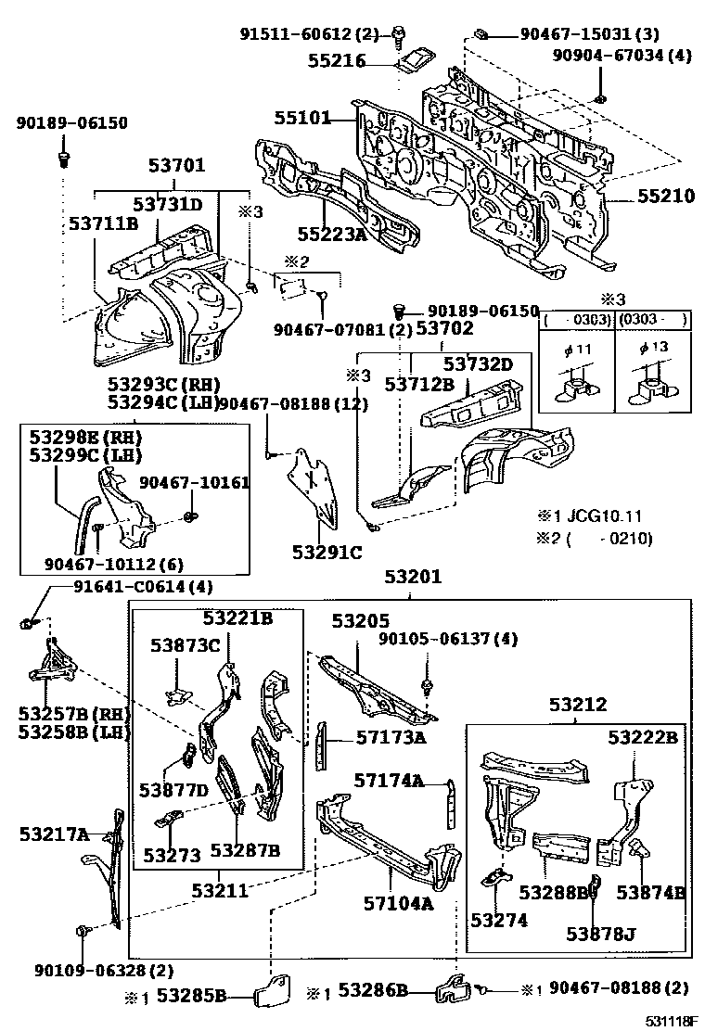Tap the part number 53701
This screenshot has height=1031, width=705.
coord(176,167)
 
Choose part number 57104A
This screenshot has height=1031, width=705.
coord(400,902)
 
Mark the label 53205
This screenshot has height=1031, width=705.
coord(361,621)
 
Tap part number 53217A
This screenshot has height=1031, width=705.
coord(54,834)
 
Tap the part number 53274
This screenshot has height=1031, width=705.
coord(499,920)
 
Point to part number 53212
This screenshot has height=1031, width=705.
coord(576,705)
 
